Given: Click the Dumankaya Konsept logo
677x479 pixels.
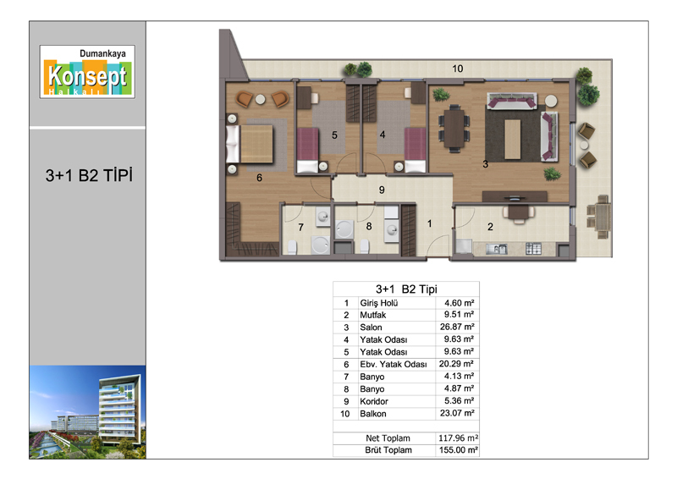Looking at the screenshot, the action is [x=87, y=72].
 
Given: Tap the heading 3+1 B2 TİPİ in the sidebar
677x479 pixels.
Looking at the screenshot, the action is [x=89, y=175].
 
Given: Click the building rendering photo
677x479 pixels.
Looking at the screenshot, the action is [x=88, y=412].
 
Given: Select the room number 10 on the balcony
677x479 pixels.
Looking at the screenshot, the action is [x=458, y=69].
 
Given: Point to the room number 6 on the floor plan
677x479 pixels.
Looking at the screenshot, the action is [x=259, y=178].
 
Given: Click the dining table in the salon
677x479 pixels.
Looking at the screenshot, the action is [x=454, y=129].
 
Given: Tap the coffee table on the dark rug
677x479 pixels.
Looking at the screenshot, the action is [x=513, y=139].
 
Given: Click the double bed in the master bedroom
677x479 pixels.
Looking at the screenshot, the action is [x=250, y=144].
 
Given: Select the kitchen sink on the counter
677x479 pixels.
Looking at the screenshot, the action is [x=496, y=249].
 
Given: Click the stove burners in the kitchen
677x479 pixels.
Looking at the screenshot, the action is [x=533, y=249].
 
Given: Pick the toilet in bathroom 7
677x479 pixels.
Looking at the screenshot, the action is [x=292, y=247].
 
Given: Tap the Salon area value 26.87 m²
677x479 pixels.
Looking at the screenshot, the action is [x=457, y=327].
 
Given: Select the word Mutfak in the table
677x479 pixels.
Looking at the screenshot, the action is [x=373, y=315].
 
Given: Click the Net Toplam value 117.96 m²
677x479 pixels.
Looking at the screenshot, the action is [x=458, y=438].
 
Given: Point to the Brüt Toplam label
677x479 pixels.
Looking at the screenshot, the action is [x=388, y=450].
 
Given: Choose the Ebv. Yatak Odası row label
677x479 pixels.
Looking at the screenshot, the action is [x=394, y=364].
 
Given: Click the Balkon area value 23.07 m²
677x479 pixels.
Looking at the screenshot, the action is [x=457, y=413].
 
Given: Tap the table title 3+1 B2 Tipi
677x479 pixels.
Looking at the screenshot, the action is [x=406, y=289].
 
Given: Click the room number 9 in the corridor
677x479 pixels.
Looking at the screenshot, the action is [x=382, y=190].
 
